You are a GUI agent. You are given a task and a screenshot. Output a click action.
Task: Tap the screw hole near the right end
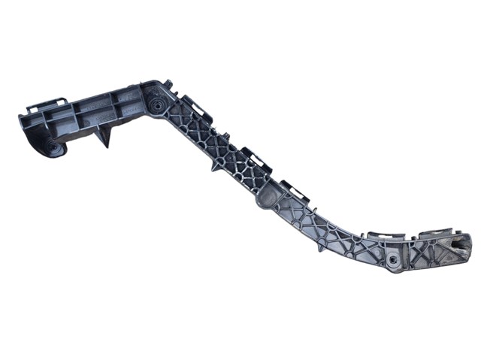pyautogui.click(x=394, y=259)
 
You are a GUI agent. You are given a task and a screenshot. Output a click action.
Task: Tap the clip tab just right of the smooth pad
pyautogui.click(x=295, y=190)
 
